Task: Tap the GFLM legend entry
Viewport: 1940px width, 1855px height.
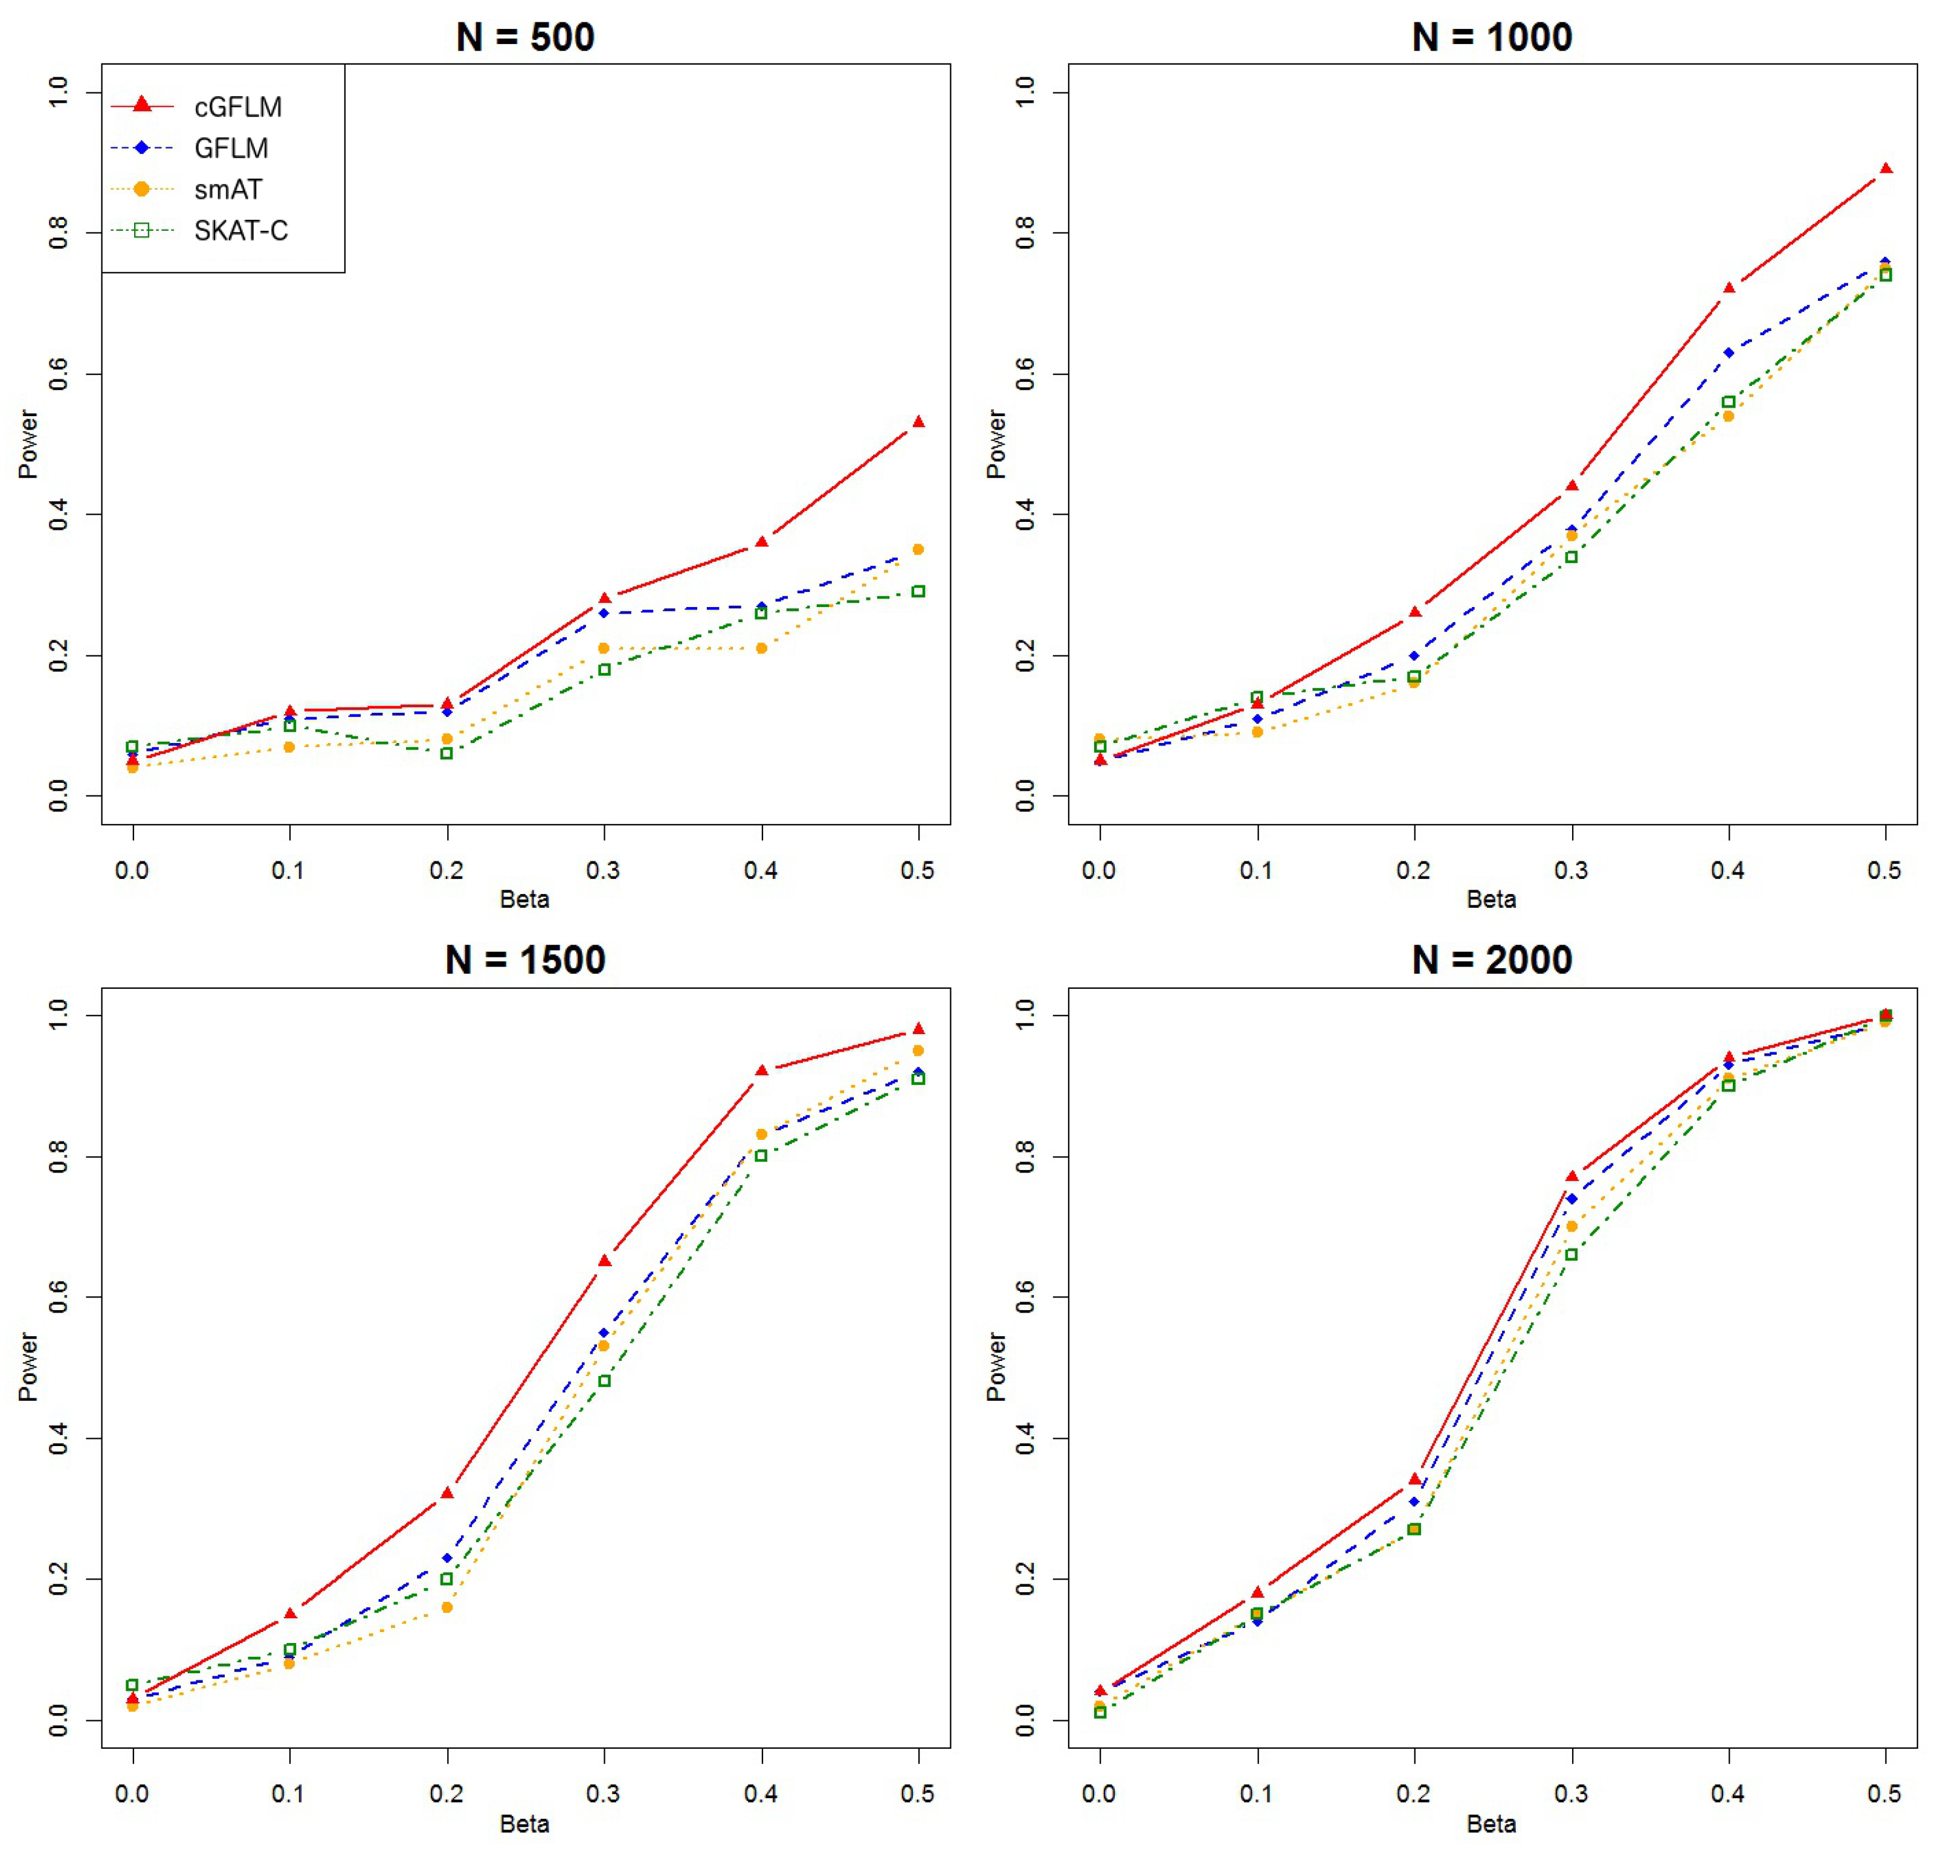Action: pyautogui.click(x=230, y=149)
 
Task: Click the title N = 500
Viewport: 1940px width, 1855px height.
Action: pyautogui.click(x=525, y=37)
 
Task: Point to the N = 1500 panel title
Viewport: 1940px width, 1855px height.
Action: pyautogui.click(x=525, y=960)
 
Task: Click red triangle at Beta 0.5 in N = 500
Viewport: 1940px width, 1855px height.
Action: pyautogui.click(x=918, y=422)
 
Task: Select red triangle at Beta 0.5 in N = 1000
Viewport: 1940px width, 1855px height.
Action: pyautogui.click(x=1886, y=169)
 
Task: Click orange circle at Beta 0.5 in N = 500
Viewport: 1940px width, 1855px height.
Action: pyautogui.click(x=918, y=550)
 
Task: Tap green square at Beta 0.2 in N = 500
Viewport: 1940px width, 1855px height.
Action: pyautogui.click(x=447, y=753)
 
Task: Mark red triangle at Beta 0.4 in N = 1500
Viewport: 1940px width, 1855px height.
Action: pyautogui.click(x=761, y=1071)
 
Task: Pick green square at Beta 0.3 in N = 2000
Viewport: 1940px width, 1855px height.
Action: pyautogui.click(x=1571, y=1255)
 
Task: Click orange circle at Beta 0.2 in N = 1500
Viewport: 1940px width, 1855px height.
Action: pyautogui.click(x=447, y=1608)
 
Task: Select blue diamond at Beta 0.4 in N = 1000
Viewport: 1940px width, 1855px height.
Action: pyautogui.click(x=1729, y=353)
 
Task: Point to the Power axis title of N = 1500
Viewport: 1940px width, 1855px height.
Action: pyautogui.click(x=28, y=1366)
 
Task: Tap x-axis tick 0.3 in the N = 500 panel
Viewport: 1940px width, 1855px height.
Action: pyautogui.click(x=603, y=870)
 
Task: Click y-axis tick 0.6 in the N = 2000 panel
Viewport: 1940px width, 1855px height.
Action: pyautogui.click(x=1025, y=1297)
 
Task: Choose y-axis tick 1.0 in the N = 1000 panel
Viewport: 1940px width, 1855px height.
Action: pyautogui.click(x=1025, y=93)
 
